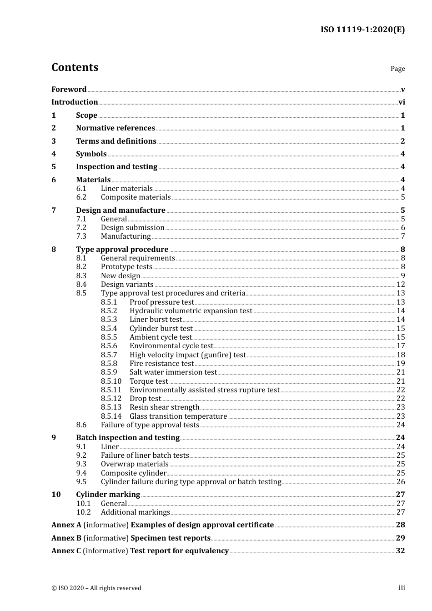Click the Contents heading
click(75, 67)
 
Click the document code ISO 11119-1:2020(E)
click(362, 30)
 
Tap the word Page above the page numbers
click(397, 69)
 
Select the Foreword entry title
click(69, 89)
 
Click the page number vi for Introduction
click(402, 102)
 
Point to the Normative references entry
click(116, 128)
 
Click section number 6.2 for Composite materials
click(81, 197)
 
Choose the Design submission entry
click(132, 228)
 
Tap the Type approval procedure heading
click(122, 249)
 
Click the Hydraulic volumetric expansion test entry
click(191, 311)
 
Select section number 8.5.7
click(109, 355)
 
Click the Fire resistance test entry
click(161, 364)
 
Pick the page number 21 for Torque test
click(401, 381)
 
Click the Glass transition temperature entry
click(178, 416)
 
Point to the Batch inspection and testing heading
click(128, 437)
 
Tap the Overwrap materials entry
click(134, 464)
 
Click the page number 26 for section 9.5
click(401, 482)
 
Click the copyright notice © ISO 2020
click(96, 588)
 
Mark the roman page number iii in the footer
click(402, 588)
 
